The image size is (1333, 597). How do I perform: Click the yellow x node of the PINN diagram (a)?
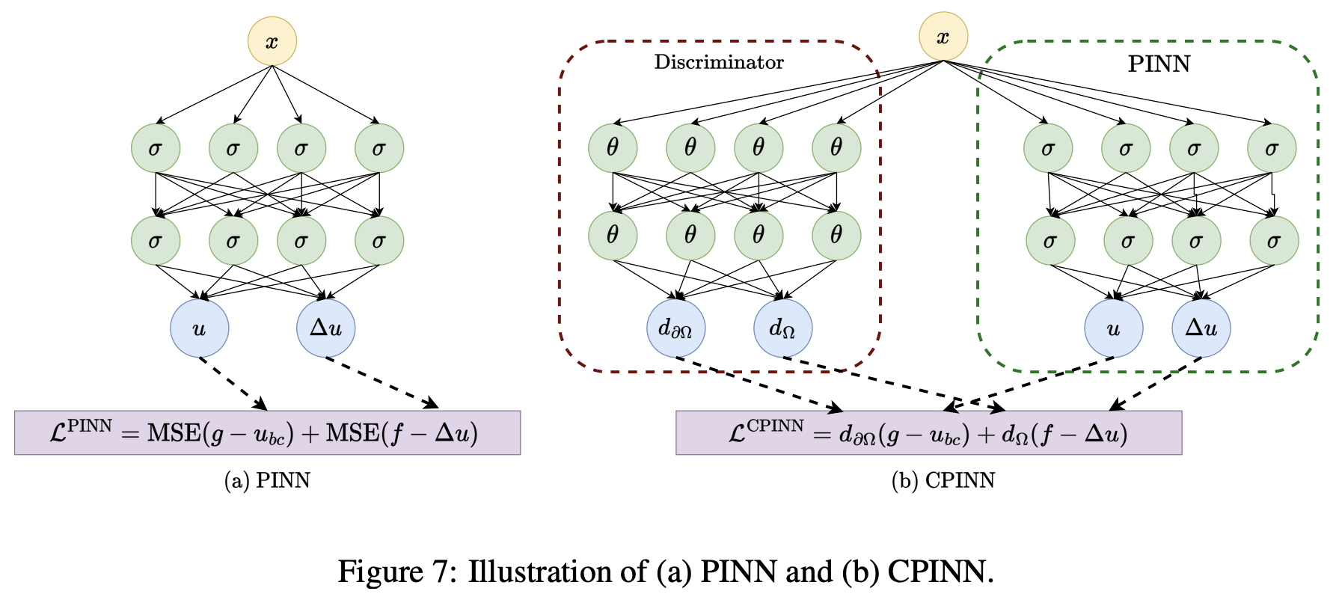point(272,41)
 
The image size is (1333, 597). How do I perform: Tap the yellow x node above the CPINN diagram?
point(943,36)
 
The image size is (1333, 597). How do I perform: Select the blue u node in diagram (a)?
point(199,328)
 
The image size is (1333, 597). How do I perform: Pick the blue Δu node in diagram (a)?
point(325,328)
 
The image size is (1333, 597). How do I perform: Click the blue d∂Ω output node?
point(675,328)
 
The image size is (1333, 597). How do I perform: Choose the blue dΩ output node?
point(782,328)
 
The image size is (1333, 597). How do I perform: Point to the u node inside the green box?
point(1113,328)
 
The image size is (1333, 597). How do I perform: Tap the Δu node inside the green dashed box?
point(1201,328)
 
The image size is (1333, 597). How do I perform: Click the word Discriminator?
point(719,62)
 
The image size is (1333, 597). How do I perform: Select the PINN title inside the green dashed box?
point(1159,64)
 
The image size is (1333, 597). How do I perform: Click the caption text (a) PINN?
point(267,480)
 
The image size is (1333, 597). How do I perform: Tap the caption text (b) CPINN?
point(943,480)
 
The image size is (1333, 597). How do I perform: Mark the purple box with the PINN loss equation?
point(267,432)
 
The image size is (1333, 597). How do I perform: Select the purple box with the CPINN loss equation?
point(928,432)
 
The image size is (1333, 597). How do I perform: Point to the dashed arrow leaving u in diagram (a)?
point(233,383)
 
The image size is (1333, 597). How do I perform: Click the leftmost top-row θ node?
point(613,148)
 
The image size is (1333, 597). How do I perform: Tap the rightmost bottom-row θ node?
point(836,236)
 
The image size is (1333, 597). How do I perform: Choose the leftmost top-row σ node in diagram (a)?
point(156,148)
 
